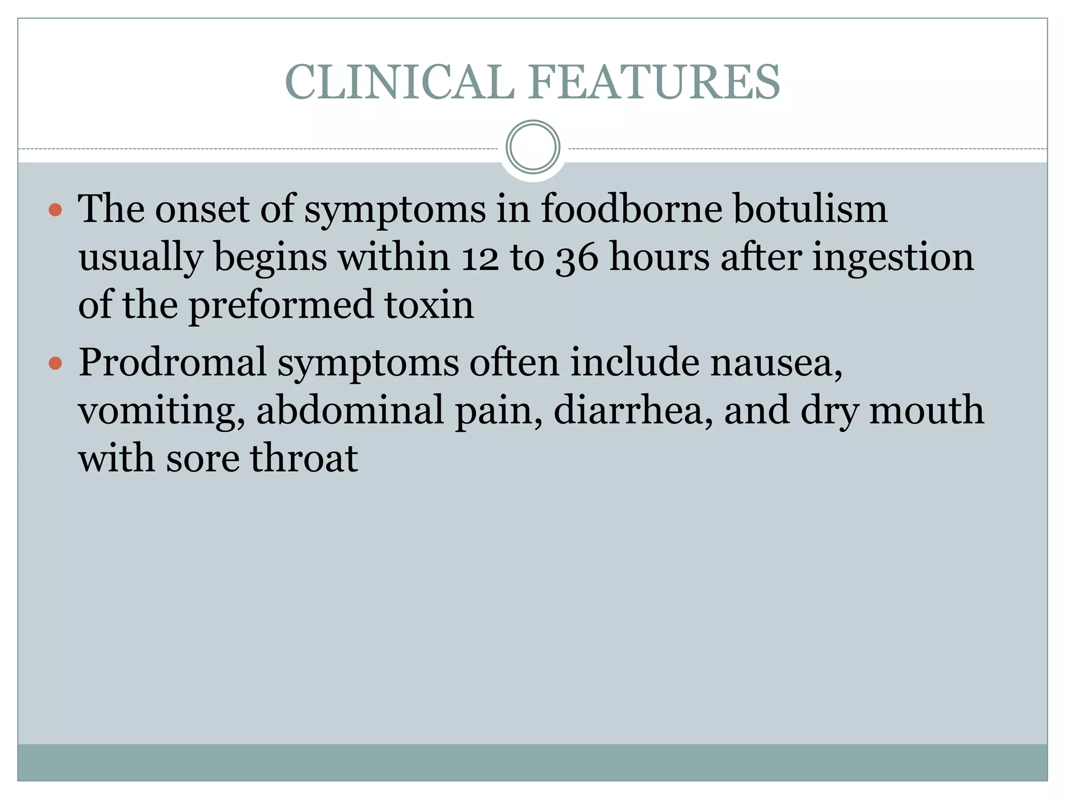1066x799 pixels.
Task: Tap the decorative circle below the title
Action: (533, 147)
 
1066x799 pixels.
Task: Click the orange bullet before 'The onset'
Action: (55, 210)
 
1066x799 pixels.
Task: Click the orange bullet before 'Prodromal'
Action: (55, 363)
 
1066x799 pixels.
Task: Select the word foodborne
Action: (631, 209)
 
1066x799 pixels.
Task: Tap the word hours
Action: (659, 257)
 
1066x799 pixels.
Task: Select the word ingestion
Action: (892, 258)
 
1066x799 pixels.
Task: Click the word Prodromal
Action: (172, 362)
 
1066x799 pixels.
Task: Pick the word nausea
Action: (776, 363)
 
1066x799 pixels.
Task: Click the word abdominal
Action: (350, 410)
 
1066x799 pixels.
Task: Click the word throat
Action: (304, 458)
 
